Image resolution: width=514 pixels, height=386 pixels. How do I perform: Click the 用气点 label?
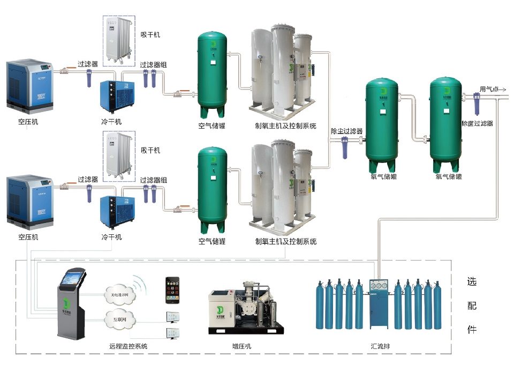[x=489, y=90]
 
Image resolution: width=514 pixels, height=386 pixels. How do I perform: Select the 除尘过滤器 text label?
[x=346, y=131]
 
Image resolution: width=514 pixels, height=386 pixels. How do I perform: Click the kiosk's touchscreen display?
[x=73, y=277]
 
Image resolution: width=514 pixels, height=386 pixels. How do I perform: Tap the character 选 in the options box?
[x=472, y=282]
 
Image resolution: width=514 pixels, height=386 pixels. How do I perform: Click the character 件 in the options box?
[x=472, y=329]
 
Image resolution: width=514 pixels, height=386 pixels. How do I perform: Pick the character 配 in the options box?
[x=472, y=306]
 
